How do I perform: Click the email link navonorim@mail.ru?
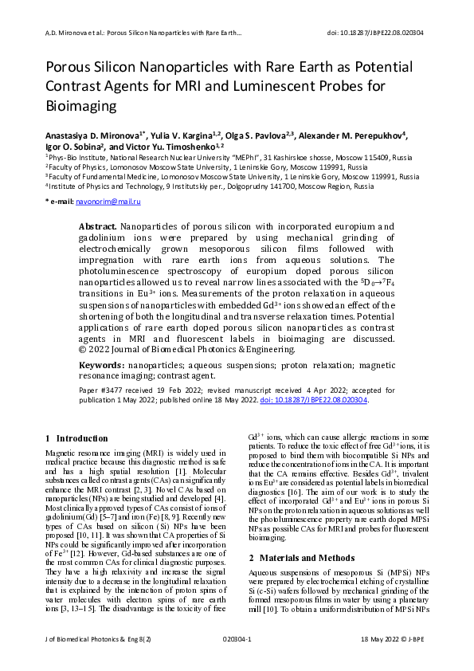tap(108, 204)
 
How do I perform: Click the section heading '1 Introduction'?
tap(77, 438)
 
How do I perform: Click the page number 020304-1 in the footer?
tap(237, 661)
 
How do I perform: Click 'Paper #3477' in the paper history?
tap(100, 390)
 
